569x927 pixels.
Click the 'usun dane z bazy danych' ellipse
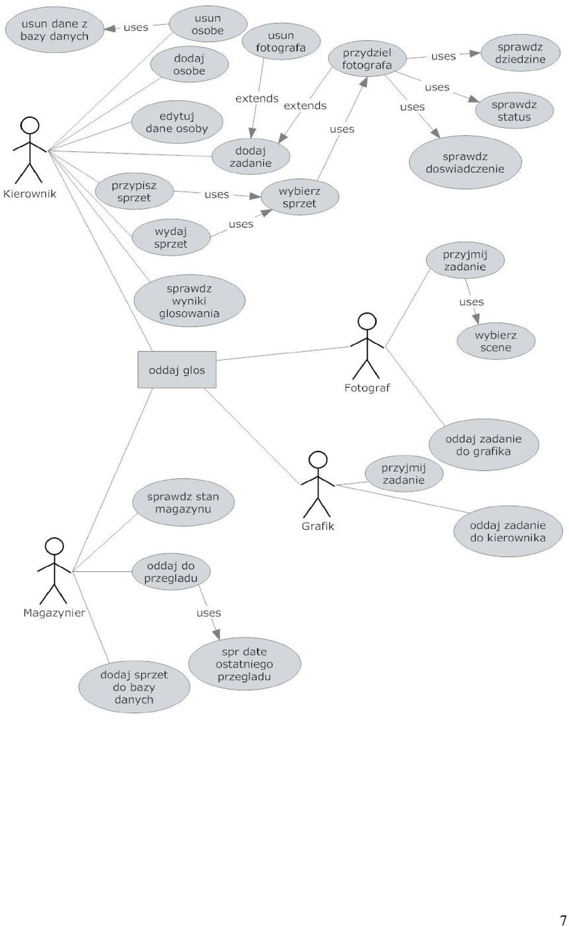[x=54, y=30]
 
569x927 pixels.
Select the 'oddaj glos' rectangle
[x=177, y=370]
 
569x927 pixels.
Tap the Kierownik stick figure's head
[x=30, y=125]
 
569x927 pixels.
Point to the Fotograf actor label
[x=367, y=388]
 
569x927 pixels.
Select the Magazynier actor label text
[x=54, y=613]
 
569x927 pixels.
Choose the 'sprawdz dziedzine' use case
[x=520, y=53]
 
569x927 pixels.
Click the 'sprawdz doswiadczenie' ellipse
[x=465, y=162]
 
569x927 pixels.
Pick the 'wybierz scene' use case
[x=496, y=341]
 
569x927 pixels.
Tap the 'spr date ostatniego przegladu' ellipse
[x=244, y=664]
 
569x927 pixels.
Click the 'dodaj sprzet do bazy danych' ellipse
[x=134, y=687]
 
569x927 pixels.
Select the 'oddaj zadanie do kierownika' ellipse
[x=508, y=532]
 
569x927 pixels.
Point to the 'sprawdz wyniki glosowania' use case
[x=189, y=301]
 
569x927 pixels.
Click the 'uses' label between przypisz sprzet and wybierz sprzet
[x=216, y=194]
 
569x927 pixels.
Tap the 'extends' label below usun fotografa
[x=257, y=98]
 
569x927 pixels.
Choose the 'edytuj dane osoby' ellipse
[x=177, y=122]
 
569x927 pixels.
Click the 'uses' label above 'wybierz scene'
[x=471, y=302]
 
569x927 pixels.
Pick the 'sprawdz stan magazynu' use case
[x=183, y=503]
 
